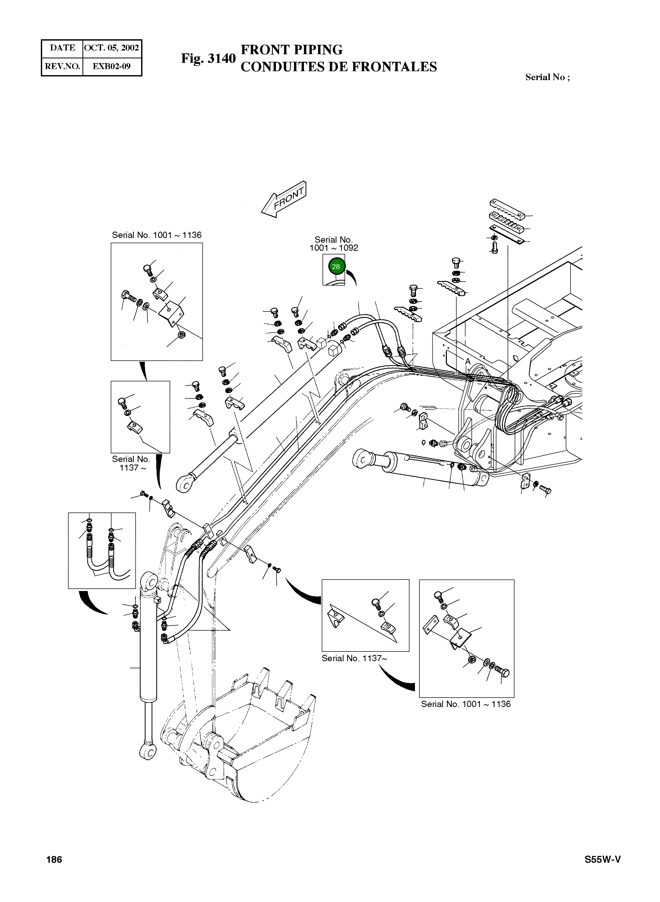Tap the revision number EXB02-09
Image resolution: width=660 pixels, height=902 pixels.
click(x=112, y=66)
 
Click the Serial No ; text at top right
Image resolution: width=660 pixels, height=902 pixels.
click(x=547, y=77)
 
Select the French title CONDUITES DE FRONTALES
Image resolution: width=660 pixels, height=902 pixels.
click(x=339, y=67)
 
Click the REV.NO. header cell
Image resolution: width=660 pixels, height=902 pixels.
click(x=62, y=66)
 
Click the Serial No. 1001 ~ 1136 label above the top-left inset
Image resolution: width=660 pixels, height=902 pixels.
click(x=157, y=235)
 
